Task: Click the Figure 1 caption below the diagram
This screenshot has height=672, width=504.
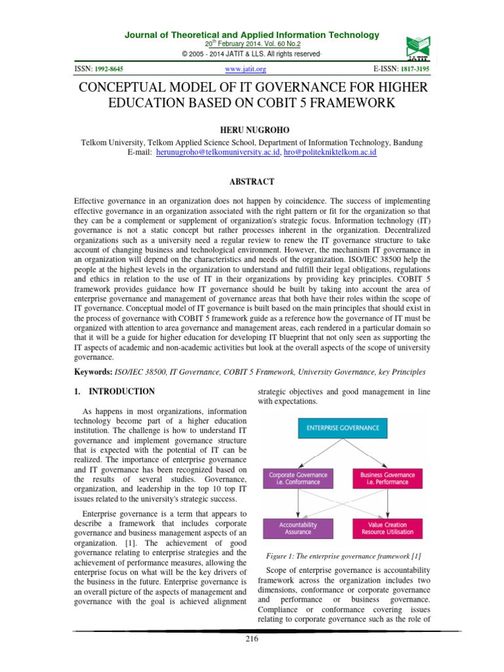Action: tap(346, 556)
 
